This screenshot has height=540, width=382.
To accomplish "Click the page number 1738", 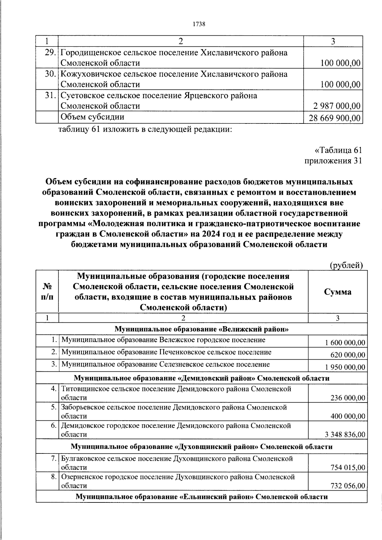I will point(199,25).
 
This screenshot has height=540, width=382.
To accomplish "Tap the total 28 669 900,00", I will point(335,118).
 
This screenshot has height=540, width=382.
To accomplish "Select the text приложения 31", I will point(333,161).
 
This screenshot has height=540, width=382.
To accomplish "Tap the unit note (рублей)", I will point(346,265).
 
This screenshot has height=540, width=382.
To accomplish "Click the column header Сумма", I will point(338,292).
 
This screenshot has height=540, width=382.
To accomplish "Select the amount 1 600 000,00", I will point(345,343).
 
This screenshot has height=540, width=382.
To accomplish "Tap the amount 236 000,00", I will point(348,398).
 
